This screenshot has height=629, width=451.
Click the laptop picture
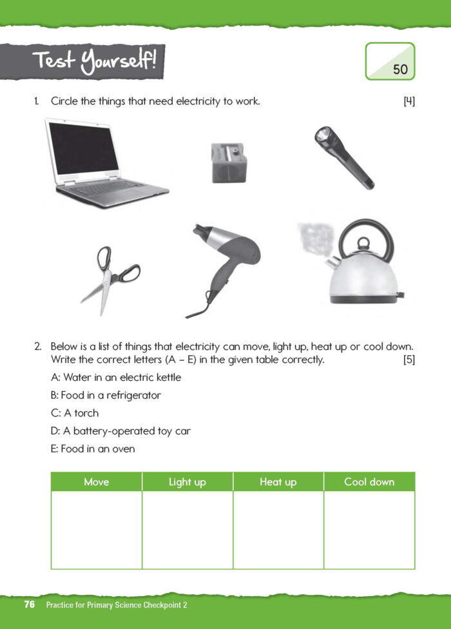[106, 162]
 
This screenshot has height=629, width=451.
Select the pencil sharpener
[229, 162]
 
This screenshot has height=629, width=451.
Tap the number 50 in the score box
[400, 70]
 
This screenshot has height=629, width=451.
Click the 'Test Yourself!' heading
[97, 63]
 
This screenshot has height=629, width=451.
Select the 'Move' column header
[97, 482]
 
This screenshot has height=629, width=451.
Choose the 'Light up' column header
[187, 482]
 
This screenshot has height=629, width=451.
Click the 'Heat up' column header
[278, 482]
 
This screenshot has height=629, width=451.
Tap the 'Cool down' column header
[369, 482]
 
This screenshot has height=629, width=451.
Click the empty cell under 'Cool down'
[369, 530]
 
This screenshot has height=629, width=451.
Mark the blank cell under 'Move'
[97, 530]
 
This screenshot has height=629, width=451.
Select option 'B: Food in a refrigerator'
[106, 395]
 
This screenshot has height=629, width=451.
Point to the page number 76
[29, 605]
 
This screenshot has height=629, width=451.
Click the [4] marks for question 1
[408, 101]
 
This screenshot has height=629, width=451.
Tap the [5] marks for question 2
[408, 360]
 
